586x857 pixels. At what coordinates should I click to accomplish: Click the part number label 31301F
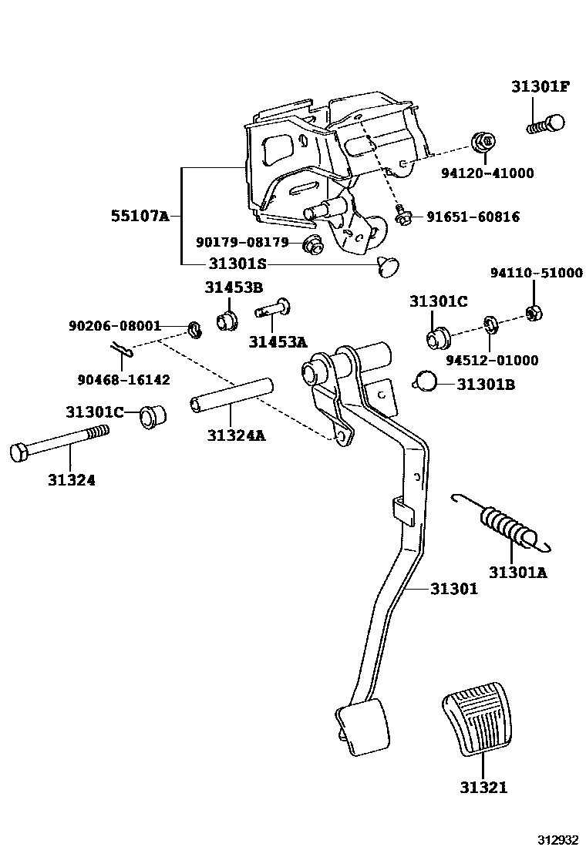[540, 86]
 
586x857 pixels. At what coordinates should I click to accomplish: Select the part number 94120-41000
[497, 173]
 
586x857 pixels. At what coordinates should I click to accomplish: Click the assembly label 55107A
[139, 216]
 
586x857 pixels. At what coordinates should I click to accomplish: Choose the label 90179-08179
[241, 242]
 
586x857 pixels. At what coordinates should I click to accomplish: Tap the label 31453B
[234, 288]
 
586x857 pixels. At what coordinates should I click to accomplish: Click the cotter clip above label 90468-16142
[122, 351]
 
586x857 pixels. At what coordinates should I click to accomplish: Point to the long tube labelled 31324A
[232, 394]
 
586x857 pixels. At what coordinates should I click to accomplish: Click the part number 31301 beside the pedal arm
[453, 590]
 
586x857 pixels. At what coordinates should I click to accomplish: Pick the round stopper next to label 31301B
[425, 380]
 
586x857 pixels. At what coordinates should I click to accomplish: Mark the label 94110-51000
[537, 273]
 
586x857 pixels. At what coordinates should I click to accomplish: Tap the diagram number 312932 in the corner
[557, 839]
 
